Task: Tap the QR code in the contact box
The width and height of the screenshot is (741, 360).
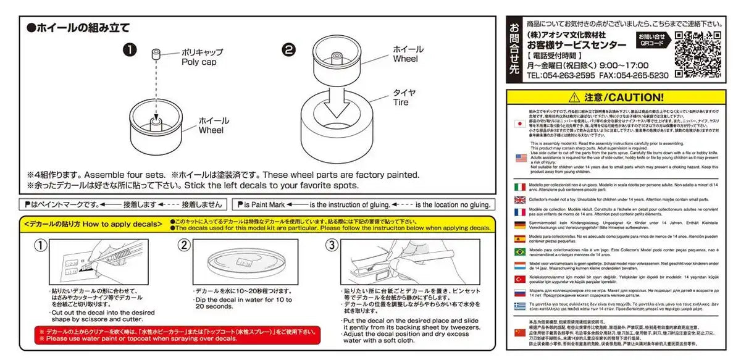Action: pos(698,54)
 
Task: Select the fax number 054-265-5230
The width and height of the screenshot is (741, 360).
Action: pos(642,75)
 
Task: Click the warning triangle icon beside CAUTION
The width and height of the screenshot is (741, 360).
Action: pos(575,98)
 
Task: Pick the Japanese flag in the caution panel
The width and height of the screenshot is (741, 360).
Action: pos(520,123)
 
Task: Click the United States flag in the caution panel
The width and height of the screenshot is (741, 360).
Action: pos(520,157)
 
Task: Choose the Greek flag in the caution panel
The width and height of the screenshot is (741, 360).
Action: pos(520,306)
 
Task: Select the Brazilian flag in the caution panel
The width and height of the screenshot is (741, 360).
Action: pos(520,252)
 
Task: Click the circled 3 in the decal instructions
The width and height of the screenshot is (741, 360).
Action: pos(332,246)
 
